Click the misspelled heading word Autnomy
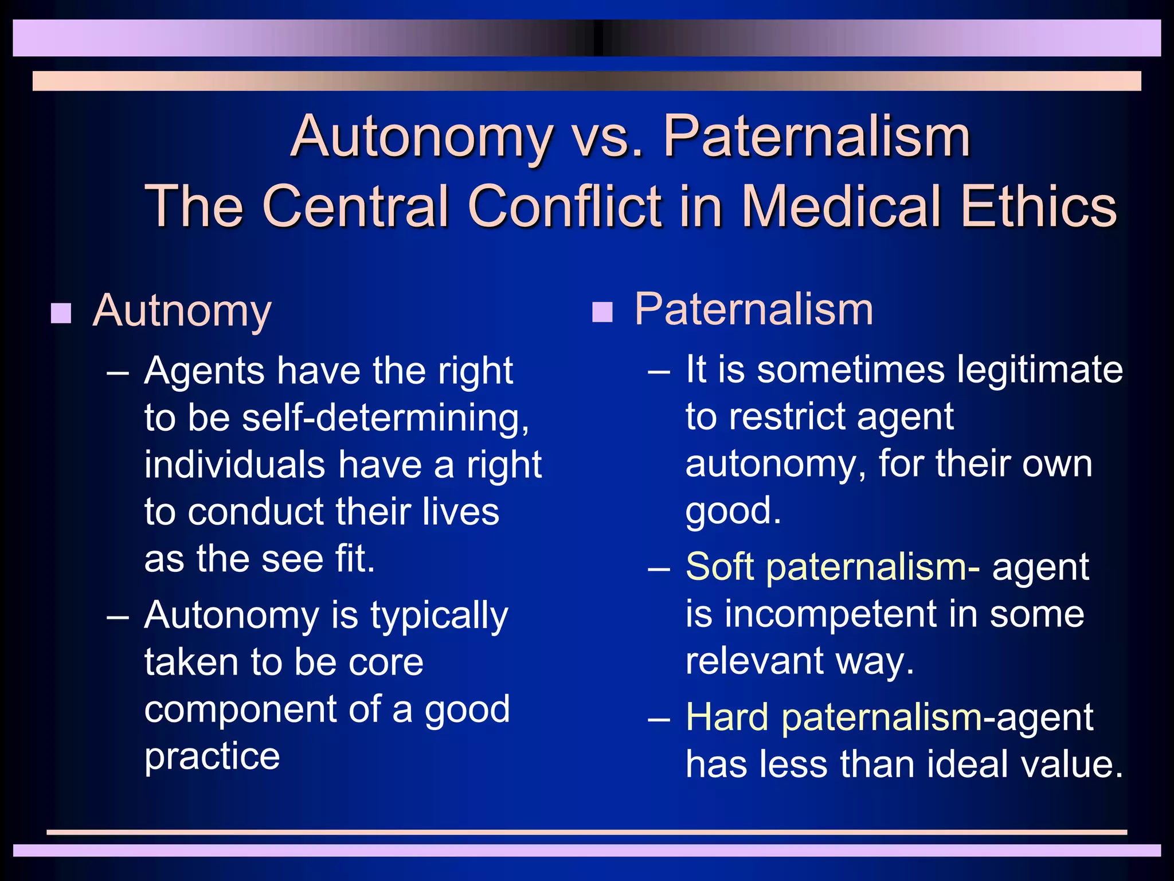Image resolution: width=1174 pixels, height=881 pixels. click(x=182, y=311)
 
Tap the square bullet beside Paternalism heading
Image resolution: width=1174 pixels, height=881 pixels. click(x=602, y=312)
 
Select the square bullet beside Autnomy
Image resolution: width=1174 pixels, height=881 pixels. click(x=61, y=314)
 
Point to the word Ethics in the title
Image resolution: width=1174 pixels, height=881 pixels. click(x=1039, y=206)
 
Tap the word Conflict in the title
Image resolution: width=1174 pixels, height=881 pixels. click(x=565, y=206)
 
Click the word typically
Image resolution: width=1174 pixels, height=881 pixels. click(x=439, y=616)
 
